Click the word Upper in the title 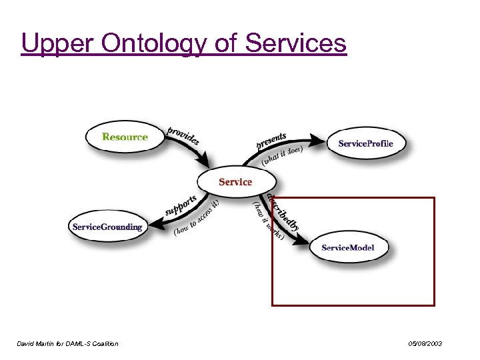click(57, 43)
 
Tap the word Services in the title click(296, 43)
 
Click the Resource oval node click(125, 137)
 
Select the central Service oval click(235, 181)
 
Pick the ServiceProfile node click(365, 143)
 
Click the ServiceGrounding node click(107, 227)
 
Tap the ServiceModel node click(347, 247)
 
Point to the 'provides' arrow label click(183, 135)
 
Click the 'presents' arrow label click(271, 141)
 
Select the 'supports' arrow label click(181, 205)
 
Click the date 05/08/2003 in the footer click(425, 343)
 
